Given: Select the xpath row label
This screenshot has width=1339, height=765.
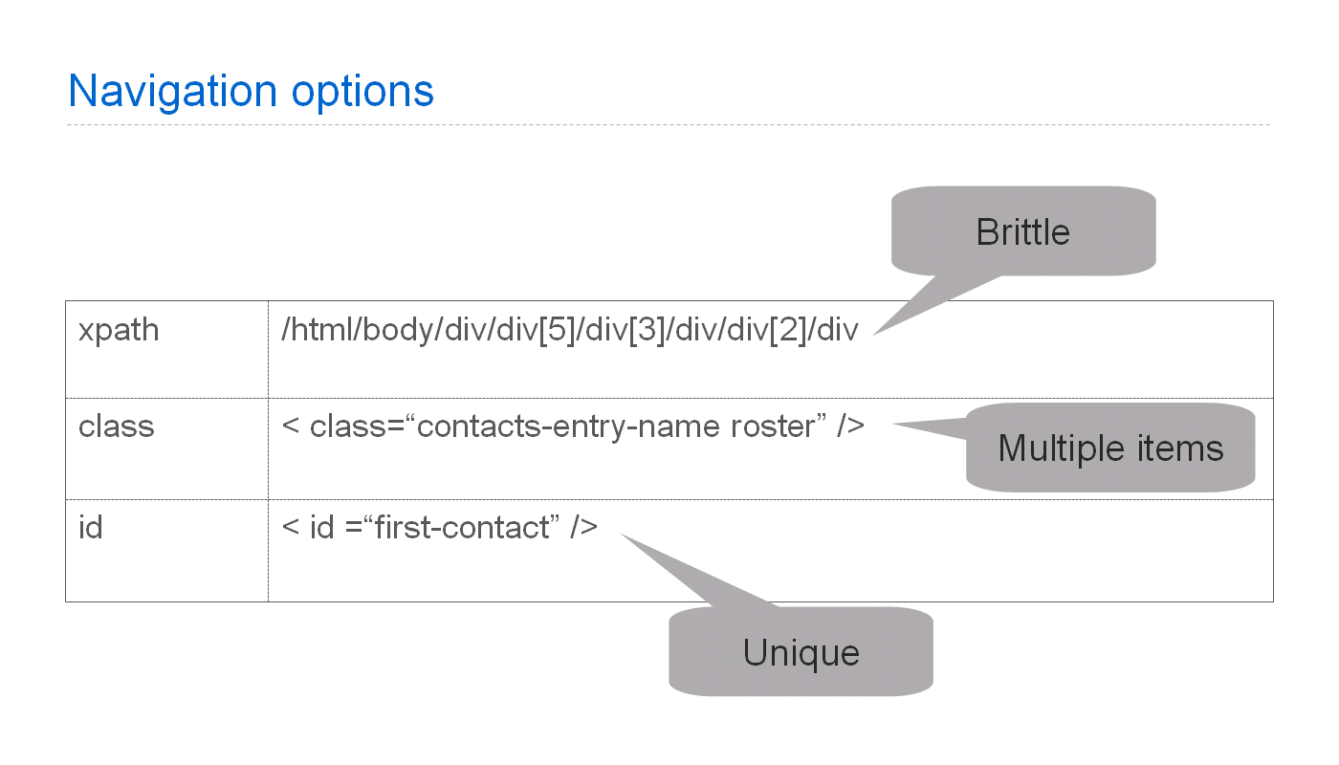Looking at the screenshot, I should [119, 331].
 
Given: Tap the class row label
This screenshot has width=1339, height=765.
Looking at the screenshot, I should [116, 426].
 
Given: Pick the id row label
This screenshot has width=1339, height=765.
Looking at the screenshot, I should [91, 527].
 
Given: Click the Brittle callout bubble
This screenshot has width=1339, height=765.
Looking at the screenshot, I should [1022, 232].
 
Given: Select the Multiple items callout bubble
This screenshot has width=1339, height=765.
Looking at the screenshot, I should [1110, 448].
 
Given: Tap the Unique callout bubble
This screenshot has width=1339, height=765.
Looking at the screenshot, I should [801, 653].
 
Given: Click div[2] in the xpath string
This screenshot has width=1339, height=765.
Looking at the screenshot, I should [768, 331].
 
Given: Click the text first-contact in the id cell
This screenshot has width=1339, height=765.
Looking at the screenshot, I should [462, 527].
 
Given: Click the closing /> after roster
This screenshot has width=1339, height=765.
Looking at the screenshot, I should [850, 426].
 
